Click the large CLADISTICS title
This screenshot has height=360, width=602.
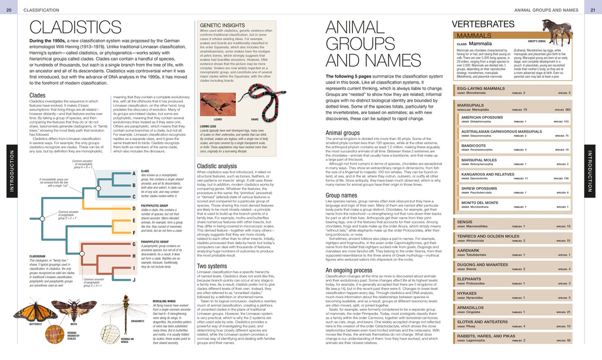75,28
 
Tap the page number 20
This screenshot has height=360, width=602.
9,10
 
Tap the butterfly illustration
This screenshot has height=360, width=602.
29,311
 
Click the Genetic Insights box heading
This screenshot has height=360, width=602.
222,25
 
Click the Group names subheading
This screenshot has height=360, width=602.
342,195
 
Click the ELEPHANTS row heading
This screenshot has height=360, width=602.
469,279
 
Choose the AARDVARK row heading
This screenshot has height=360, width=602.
469,251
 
